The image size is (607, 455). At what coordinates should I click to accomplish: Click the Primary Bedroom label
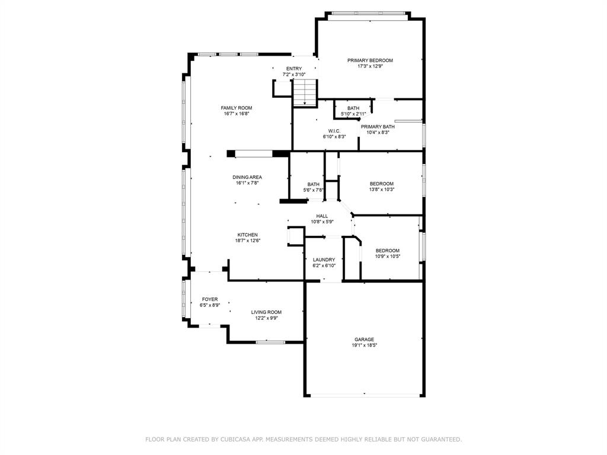[x=370, y=60]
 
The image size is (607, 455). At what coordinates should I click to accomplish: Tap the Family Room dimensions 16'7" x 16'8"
[x=237, y=114]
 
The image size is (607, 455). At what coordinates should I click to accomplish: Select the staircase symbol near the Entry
[x=305, y=92]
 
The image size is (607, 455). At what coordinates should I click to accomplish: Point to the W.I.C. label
[x=334, y=131]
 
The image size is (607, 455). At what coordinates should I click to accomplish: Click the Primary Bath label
[x=378, y=127]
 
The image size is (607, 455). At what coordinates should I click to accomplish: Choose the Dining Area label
[x=247, y=177]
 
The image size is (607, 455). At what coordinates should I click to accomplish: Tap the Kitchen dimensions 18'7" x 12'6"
[x=248, y=241]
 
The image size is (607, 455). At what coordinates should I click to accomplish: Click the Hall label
[x=322, y=216]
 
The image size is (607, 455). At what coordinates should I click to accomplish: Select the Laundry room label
[x=324, y=259]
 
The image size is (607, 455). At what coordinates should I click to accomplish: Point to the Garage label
[x=365, y=339]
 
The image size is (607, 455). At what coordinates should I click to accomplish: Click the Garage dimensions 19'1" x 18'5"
[x=365, y=345]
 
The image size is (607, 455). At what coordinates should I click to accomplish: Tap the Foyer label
[x=210, y=299]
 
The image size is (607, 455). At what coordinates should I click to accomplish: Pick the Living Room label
[x=266, y=312]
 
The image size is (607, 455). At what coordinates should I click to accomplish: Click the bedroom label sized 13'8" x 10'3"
[x=382, y=184]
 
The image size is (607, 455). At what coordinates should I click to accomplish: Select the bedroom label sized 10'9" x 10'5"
[x=388, y=251]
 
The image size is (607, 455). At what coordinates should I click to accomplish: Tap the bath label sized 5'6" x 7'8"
[x=314, y=185]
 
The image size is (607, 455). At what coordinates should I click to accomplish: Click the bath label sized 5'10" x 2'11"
[x=353, y=108]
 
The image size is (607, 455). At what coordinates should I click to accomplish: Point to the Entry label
[x=294, y=69]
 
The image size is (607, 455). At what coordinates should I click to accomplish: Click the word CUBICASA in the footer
[x=229, y=439]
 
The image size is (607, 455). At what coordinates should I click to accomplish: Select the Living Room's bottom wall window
[x=270, y=342]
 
